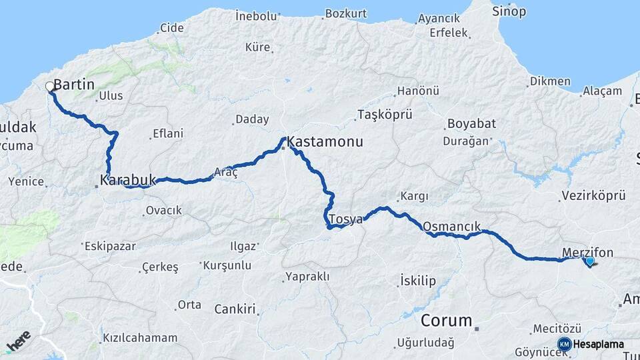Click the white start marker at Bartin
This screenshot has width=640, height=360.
coord(49,87)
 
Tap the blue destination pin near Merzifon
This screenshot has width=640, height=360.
coord(589,262)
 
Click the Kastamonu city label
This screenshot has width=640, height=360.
coord(325,142)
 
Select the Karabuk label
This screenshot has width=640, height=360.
coord(127,180)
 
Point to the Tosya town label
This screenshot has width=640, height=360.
coord(345,219)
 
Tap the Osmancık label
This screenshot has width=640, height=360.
coord(451,227)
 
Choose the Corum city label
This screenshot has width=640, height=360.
coord(447,321)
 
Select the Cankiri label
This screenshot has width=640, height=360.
coord(235,309)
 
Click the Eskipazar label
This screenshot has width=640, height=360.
coord(111,246)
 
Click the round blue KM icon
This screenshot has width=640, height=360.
coord(564,344)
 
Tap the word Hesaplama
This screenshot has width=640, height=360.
coord(599,345)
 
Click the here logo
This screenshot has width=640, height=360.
coord(19,340)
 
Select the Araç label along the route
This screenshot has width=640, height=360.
coord(225,172)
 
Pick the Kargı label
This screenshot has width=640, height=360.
coord(413,197)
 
